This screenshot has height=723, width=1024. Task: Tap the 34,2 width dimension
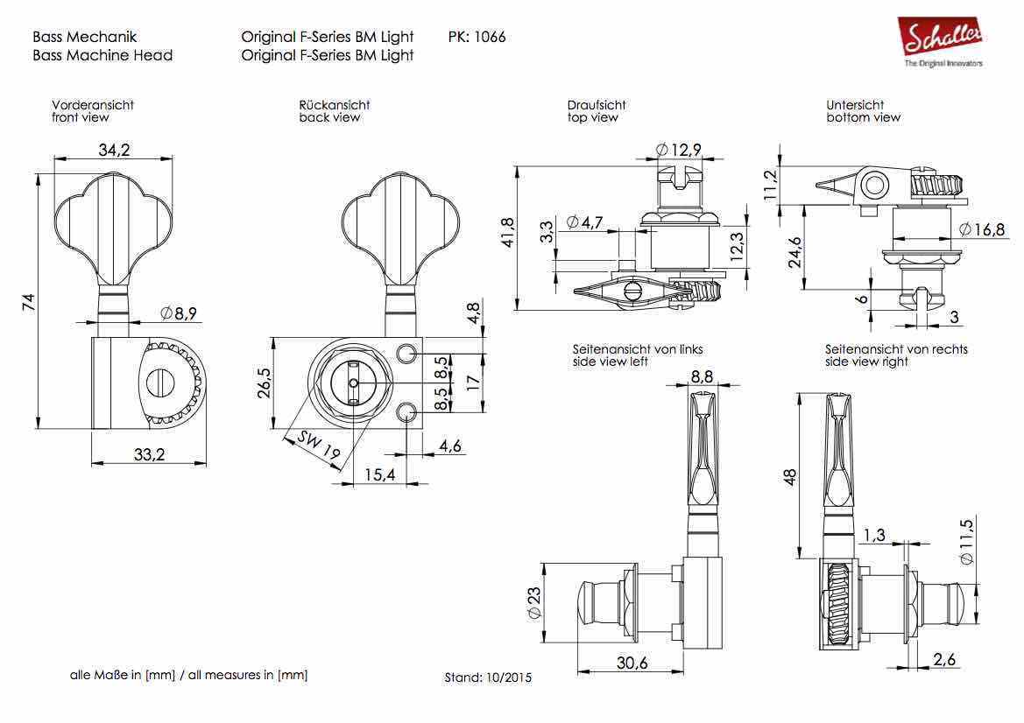114,151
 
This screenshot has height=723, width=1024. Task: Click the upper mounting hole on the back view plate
406,353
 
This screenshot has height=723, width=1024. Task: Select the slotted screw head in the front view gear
161,381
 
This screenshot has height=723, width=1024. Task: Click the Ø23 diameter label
533,603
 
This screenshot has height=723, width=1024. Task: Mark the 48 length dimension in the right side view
791,477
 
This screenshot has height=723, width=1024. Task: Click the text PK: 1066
476,37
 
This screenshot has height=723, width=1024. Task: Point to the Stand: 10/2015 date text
488,677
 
